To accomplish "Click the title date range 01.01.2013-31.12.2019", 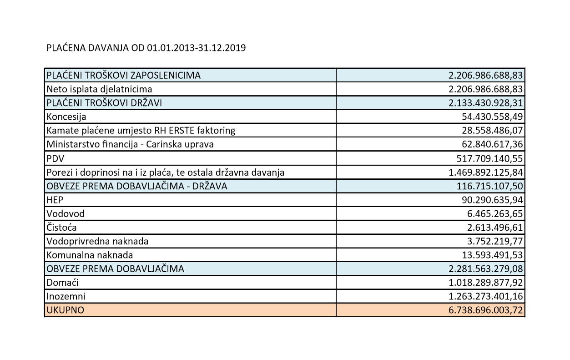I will click(x=197, y=48).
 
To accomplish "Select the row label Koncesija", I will click(x=66, y=117).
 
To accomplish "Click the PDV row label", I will click(x=54, y=158).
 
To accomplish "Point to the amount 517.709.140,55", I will click(x=489, y=158).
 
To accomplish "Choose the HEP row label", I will click(x=54, y=199).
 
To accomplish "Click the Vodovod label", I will click(x=66, y=213).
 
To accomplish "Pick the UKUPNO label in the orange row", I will click(x=65, y=310).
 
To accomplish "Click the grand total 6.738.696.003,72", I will click(x=485, y=310).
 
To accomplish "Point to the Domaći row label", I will click(x=62, y=283).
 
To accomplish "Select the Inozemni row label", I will click(x=66, y=296).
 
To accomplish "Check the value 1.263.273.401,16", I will click(x=485, y=296).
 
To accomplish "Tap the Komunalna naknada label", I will click(x=90, y=255).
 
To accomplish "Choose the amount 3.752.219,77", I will click(x=493, y=241).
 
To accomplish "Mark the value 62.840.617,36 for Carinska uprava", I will click(x=490, y=144).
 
